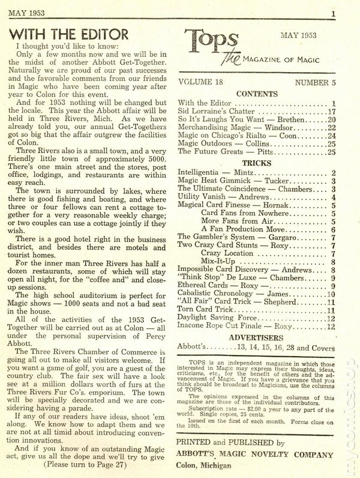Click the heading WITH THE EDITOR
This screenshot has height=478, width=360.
click(70, 34)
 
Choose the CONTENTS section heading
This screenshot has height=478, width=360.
click(257, 94)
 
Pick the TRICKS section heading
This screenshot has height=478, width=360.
click(257, 163)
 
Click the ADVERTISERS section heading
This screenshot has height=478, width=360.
click(257, 338)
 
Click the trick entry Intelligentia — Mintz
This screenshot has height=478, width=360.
click(217, 173)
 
